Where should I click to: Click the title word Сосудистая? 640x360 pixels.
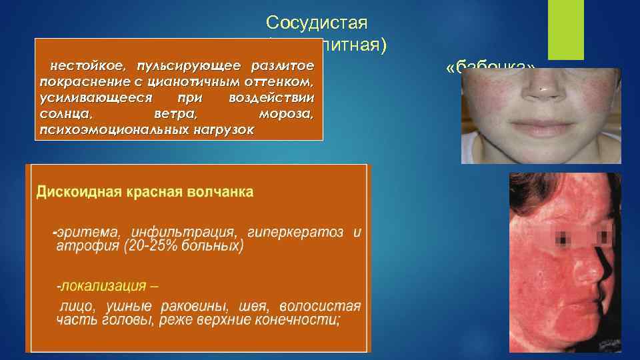(317, 23)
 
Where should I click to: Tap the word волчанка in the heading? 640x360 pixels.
(221, 193)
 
